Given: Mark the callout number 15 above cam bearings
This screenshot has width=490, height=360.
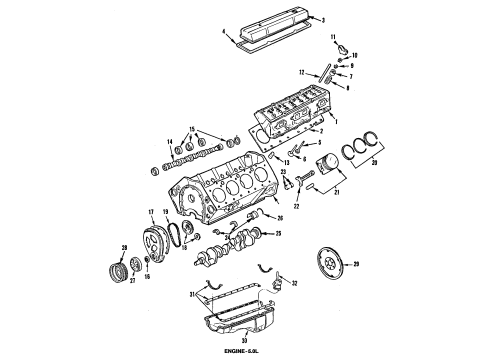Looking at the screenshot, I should tap(179, 129).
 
